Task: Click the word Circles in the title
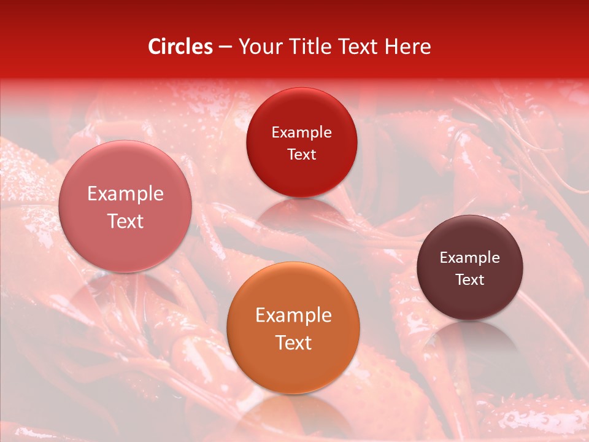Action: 180,47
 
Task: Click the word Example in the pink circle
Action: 125,194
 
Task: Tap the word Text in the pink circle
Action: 125,221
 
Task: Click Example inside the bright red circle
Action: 301,133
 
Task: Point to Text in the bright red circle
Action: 301,154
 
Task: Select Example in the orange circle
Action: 293,316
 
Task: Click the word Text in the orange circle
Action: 293,343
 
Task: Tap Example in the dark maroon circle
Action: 470,258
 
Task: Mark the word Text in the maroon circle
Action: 470,280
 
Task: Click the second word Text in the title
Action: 358,47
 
